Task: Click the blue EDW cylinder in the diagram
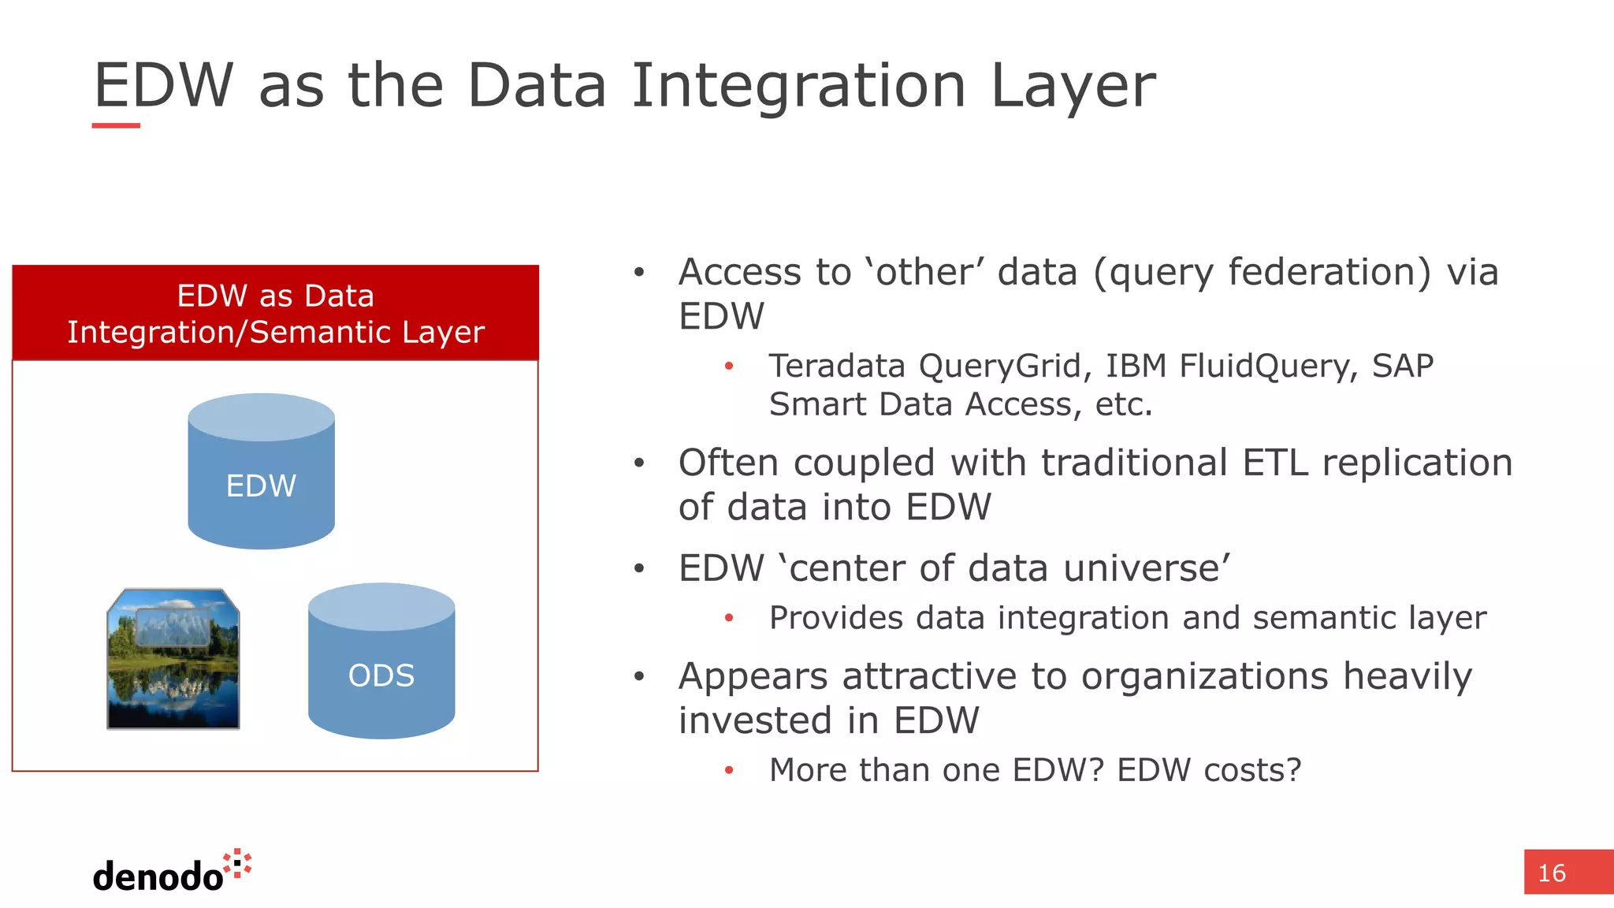pyautogui.click(x=261, y=473)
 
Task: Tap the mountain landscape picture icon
pyautogui.click(x=173, y=659)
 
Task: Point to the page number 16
pyautogui.click(x=1551, y=873)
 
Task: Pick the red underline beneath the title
pyautogui.click(x=116, y=125)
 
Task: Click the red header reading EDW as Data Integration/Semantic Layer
pyautogui.click(x=275, y=314)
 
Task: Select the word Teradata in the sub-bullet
pyautogui.click(x=836, y=366)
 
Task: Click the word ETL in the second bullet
pyautogui.click(x=1274, y=463)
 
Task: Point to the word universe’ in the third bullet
pyautogui.click(x=1147, y=568)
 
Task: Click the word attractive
pyautogui.click(x=926, y=676)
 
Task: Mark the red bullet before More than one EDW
pyautogui.click(x=729, y=771)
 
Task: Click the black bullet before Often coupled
pyautogui.click(x=639, y=463)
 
